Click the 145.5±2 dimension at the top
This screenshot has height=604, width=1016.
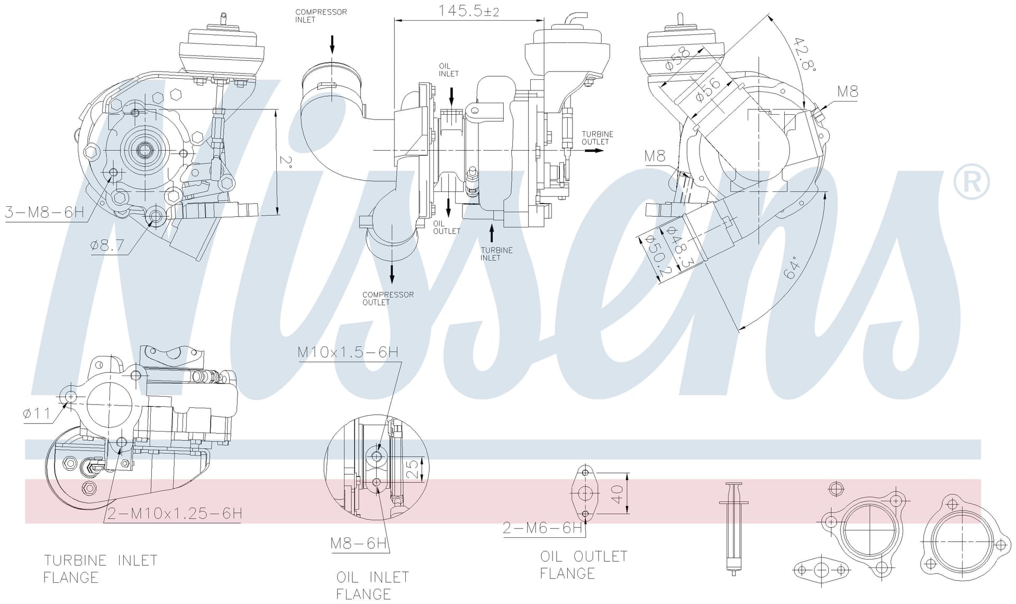[x=469, y=11]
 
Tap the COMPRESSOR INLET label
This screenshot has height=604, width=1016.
[x=321, y=16]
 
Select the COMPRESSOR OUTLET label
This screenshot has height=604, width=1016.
[x=388, y=298]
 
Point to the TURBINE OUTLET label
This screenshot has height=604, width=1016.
[x=597, y=138]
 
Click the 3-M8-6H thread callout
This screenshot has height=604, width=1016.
[x=44, y=213]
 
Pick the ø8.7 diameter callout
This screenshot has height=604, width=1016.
[x=107, y=245]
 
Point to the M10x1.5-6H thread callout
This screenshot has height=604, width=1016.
[x=348, y=352]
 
